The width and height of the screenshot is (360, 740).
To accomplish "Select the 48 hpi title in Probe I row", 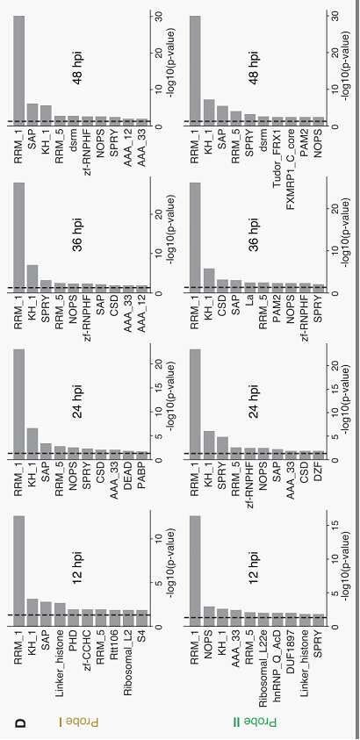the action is point(77,64).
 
